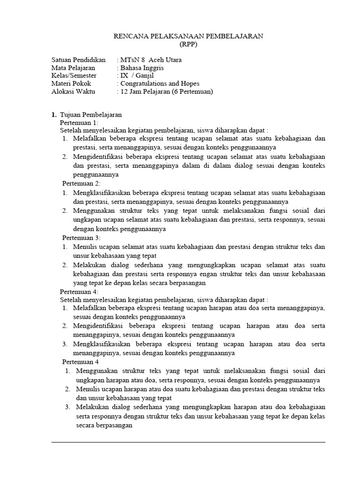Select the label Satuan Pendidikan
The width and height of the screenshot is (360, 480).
click(x=78, y=60)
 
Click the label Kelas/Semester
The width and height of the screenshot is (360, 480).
click(x=74, y=75)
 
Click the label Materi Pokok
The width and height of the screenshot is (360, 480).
click(x=71, y=83)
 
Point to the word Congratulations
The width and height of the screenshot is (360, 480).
click(x=147, y=83)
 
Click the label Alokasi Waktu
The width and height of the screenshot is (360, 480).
click(x=73, y=91)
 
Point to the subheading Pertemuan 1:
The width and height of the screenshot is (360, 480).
click(x=79, y=122)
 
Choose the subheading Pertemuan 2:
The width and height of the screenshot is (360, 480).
click(x=81, y=183)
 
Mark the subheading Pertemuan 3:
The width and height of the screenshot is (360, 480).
click(x=81, y=238)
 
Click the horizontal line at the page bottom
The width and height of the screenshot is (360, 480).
click(x=188, y=442)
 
